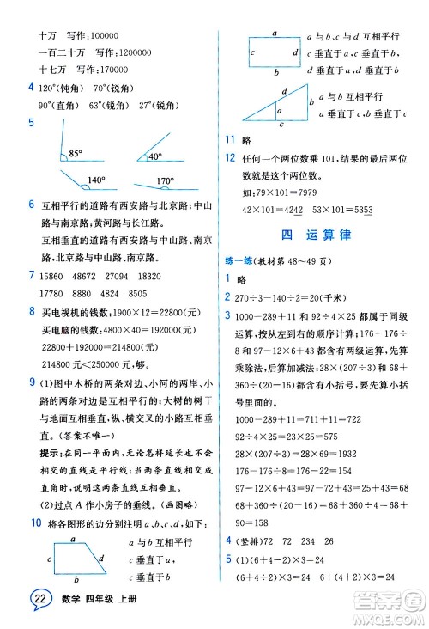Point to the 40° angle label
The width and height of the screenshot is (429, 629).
pyautogui.click(x=154, y=156)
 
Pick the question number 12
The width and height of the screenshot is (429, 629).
pyautogui.click(x=229, y=156)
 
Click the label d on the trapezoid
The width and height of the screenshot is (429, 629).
pyautogui.click(x=103, y=559)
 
